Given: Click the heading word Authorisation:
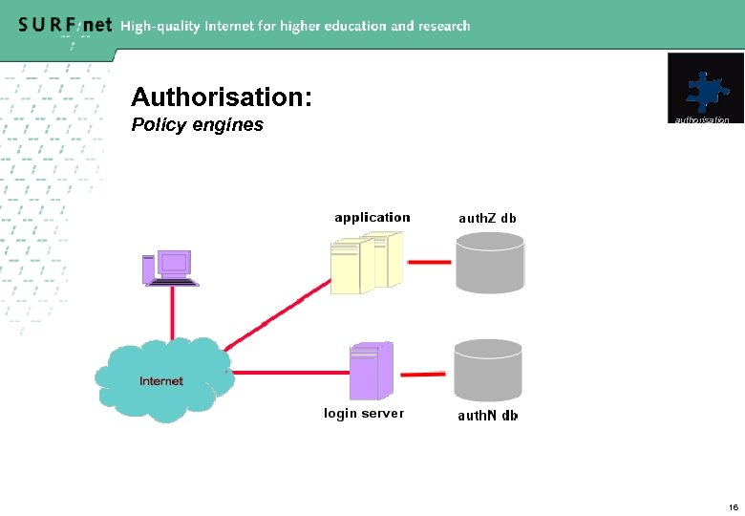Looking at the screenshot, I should click(x=221, y=97).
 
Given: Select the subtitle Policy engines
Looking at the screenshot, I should click(x=197, y=125).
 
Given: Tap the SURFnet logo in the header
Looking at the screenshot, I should click(x=64, y=26).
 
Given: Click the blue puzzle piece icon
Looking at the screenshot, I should click(x=705, y=91).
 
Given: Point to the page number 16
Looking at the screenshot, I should click(x=733, y=506).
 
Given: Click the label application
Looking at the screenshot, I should click(x=372, y=218).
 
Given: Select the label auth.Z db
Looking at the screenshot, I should click(x=487, y=218).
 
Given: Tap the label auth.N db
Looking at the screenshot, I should click(x=487, y=416).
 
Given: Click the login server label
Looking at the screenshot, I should click(x=364, y=414).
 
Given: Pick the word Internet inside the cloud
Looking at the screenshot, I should click(x=161, y=381).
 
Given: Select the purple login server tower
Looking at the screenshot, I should click(x=371, y=371).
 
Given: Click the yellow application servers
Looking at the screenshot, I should click(x=366, y=263).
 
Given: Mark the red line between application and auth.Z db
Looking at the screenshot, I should click(x=430, y=261).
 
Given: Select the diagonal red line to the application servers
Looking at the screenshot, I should click(x=277, y=315).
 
